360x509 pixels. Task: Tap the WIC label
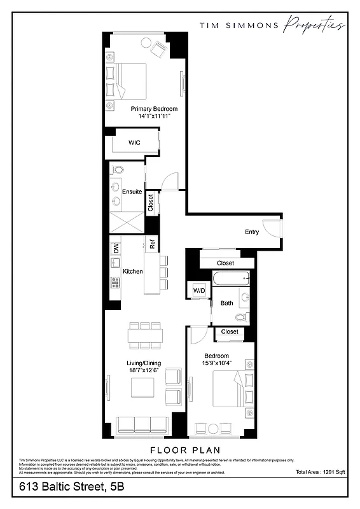[134, 143]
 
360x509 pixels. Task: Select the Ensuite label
[132, 192]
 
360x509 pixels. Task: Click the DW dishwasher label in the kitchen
[116, 249]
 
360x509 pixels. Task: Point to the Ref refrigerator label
[153, 243]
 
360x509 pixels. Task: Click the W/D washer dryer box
[199, 291]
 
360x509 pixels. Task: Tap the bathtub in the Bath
[231, 277]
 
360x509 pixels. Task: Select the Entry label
[252, 232]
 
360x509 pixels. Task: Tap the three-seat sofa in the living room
[143, 424]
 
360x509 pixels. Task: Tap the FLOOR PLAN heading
[179, 449]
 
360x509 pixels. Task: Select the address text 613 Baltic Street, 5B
[71, 487]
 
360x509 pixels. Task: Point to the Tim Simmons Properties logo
[273, 25]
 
